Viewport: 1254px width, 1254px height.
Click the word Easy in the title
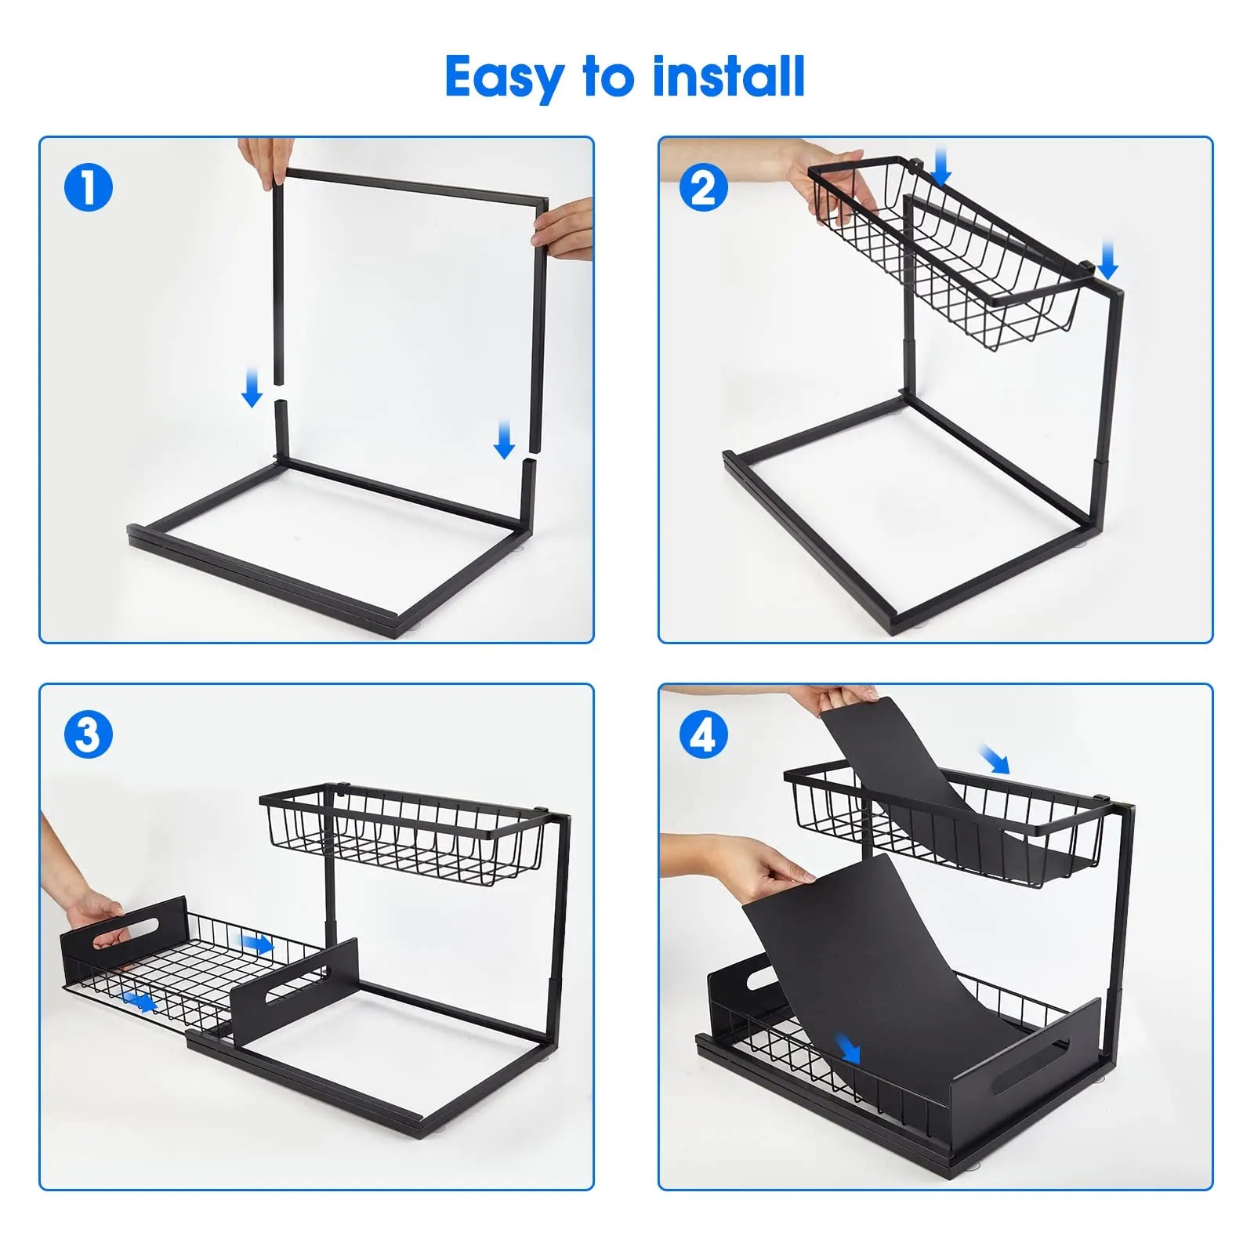pyautogui.click(x=505, y=77)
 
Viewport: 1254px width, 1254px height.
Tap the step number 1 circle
pyautogui.click(x=89, y=188)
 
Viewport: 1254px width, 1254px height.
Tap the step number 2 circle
pyautogui.click(x=703, y=188)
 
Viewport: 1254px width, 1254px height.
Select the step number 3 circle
pyautogui.click(x=89, y=735)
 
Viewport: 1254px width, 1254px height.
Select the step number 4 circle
pyautogui.click(x=703, y=735)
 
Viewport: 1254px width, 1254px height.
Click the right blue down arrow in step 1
pyautogui.click(x=505, y=439)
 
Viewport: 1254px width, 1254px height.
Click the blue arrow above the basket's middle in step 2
pyautogui.click(x=941, y=168)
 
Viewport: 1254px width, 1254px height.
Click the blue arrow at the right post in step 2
pyautogui.click(x=1107, y=260)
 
